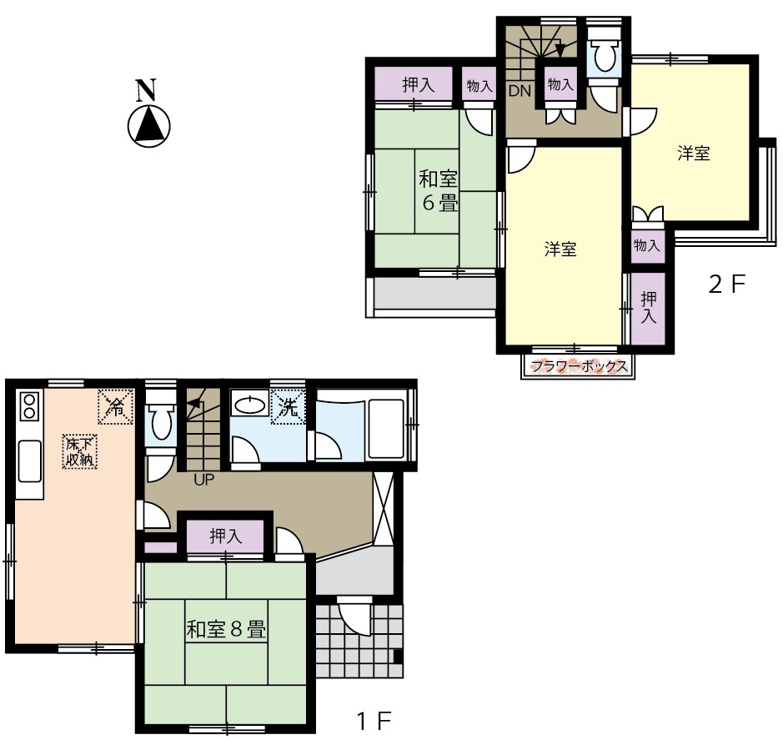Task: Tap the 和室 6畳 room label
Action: pyautogui.click(x=438, y=191)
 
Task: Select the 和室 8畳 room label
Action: pyautogui.click(x=226, y=628)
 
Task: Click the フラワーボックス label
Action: pyautogui.click(x=580, y=367)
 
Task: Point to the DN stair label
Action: pyautogui.click(x=519, y=91)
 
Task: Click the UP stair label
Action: pyautogui.click(x=203, y=481)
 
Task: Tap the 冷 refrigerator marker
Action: pyautogui.click(x=116, y=407)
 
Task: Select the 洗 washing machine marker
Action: pyautogui.click(x=289, y=407)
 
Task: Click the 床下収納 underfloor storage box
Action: pyautogui.click(x=80, y=451)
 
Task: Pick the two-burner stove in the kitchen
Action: pyautogui.click(x=29, y=406)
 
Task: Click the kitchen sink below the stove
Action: pyautogui.click(x=29, y=461)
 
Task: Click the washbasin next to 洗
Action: pyautogui.click(x=250, y=405)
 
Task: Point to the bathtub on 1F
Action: pyautogui.click(x=387, y=429)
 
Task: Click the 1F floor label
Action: pyautogui.click(x=374, y=721)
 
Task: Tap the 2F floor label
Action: pyautogui.click(x=726, y=284)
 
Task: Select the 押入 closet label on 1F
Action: pyautogui.click(x=225, y=536)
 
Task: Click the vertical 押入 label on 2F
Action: pyautogui.click(x=648, y=308)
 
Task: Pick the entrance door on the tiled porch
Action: pyautogui.click(x=354, y=615)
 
